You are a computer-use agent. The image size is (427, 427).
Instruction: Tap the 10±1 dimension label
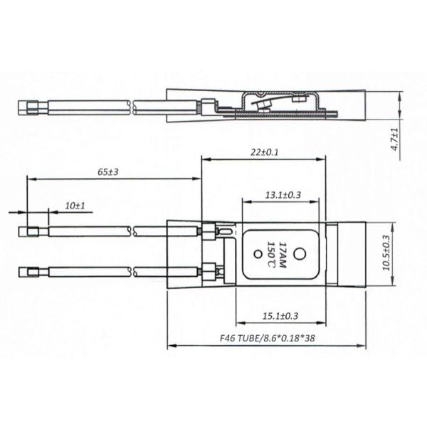75,206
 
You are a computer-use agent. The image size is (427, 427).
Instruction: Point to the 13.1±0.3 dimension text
283,194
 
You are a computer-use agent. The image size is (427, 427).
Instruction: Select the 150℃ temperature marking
271,255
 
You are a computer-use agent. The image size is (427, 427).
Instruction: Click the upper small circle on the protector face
300,251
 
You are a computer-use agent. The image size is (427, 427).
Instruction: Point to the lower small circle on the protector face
255,253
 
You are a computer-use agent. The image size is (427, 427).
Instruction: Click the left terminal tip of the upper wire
31,231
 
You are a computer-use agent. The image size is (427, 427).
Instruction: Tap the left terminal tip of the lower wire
31,270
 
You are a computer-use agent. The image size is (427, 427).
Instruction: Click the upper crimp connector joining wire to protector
209,231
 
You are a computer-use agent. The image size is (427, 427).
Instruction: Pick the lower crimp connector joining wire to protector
209,270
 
